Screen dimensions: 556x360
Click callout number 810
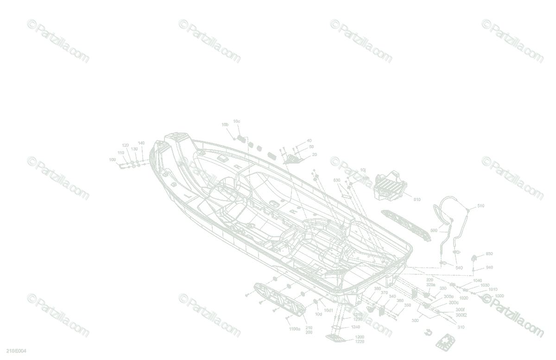click(x=417, y=200)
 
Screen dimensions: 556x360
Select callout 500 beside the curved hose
click(x=434, y=230)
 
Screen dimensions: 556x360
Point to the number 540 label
click(x=459, y=268)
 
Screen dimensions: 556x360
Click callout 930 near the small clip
click(x=489, y=254)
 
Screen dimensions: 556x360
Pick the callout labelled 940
click(x=489, y=267)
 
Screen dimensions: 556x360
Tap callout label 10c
click(x=236, y=121)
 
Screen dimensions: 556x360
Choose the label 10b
click(x=225, y=125)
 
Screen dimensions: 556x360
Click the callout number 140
click(x=141, y=143)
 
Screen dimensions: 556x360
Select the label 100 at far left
click(x=112, y=160)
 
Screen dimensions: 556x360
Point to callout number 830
click(x=337, y=180)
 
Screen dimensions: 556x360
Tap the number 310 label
click(x=461, y=327)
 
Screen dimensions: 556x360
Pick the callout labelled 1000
click(x=499, y=296)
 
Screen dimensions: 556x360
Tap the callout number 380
click(x=378, y=288)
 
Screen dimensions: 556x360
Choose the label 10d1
click(x=329, y=310)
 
